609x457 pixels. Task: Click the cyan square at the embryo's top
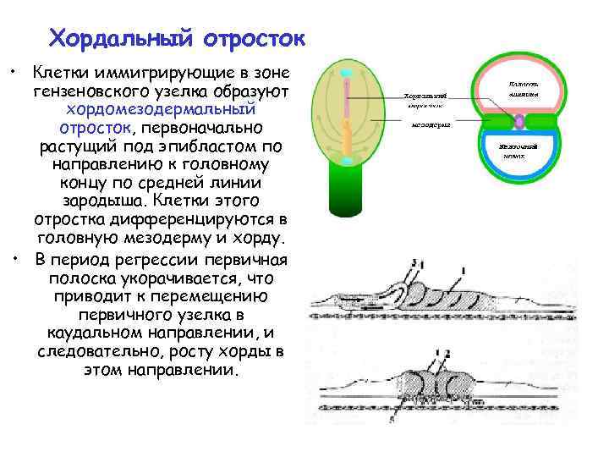pos(347,74)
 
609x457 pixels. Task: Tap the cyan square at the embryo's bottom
pos(347,160)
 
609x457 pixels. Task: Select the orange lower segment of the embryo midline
pos(347,135)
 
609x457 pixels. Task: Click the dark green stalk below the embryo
pos(347,195)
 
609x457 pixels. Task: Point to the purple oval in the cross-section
pos(518,121)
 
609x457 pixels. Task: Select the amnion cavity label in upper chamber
pos(518,90)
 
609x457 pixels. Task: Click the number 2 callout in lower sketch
pos(447,351)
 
